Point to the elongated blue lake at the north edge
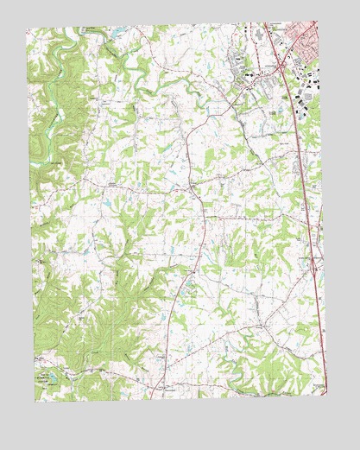point(113,34)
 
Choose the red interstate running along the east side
point(302,173)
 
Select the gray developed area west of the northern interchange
point(242,73)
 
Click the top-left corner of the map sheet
point(26,30)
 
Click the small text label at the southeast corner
point(320,386)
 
